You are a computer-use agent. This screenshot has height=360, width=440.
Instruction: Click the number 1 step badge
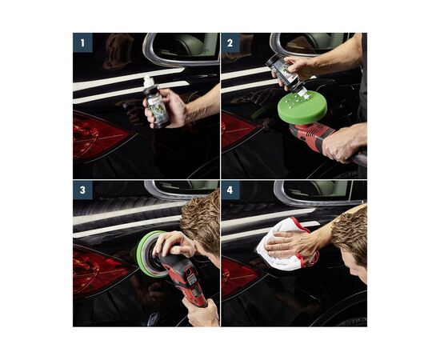pyautogui.click(x=82, y=42)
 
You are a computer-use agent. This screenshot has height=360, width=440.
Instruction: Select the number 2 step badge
pyautogui.click(x=230, y=42)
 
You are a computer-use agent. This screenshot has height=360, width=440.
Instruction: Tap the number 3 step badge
pyautogui.click(x=82, y=190)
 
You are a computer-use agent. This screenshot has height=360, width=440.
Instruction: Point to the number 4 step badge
pyautogui.click(x=230, y=190)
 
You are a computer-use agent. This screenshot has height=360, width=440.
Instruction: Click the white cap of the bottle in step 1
pyautogui.click(x=149, y=82)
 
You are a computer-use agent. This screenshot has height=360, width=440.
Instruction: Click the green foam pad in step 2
pyautogui.click(x=302, y=106)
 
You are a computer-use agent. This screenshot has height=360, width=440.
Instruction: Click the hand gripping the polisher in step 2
pyautogui.click(x=342, y=142)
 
